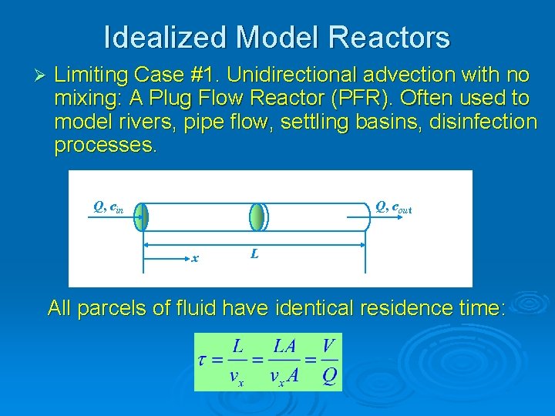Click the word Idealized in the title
(x=164, y=36)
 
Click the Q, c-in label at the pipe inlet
(x=108, y=206)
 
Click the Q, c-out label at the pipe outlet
(x=393, y=206)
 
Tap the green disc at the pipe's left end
(x=141, y=217)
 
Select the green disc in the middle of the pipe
(x=256, y=217)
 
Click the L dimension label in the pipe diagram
(x=254, y=253)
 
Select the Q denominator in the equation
(x=329, y=377)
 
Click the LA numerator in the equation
(x=284, y=346)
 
